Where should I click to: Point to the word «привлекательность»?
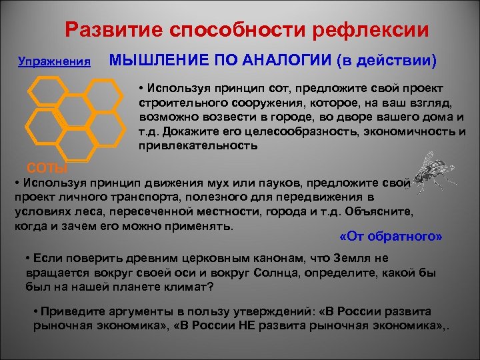[x=198, y=145]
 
